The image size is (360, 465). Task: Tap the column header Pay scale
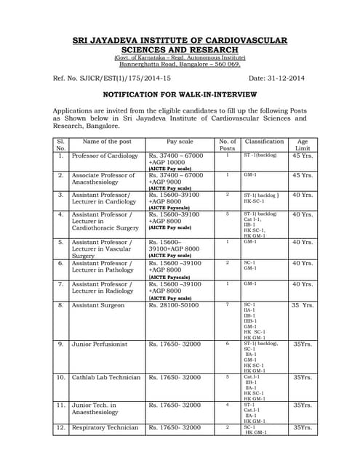180,142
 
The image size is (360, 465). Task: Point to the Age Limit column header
303,145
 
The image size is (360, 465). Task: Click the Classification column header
264,142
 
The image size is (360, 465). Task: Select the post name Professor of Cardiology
105,155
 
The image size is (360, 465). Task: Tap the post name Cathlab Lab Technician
106,377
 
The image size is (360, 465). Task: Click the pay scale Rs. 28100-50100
175,305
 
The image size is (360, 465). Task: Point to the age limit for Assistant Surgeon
303,305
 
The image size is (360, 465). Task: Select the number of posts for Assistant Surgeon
227,304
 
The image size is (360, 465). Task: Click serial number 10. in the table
60,377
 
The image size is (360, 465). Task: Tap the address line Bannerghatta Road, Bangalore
179,64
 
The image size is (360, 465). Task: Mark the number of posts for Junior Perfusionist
227,343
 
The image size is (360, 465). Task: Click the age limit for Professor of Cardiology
303,155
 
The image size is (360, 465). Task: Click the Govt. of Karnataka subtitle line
179,57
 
